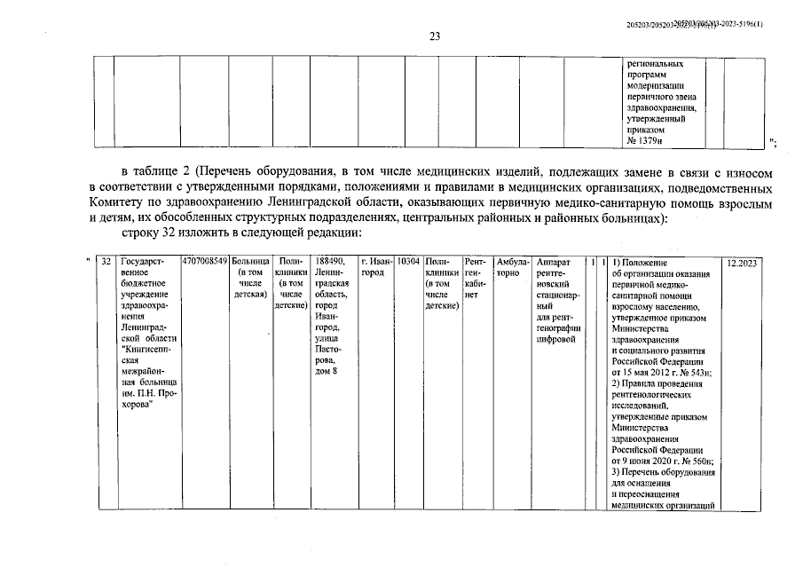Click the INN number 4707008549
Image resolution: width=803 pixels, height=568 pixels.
[x=204, y=263]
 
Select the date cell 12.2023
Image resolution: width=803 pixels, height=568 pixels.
[x=744, y=263]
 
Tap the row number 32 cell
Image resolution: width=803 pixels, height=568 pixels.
[x=106, y=263]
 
